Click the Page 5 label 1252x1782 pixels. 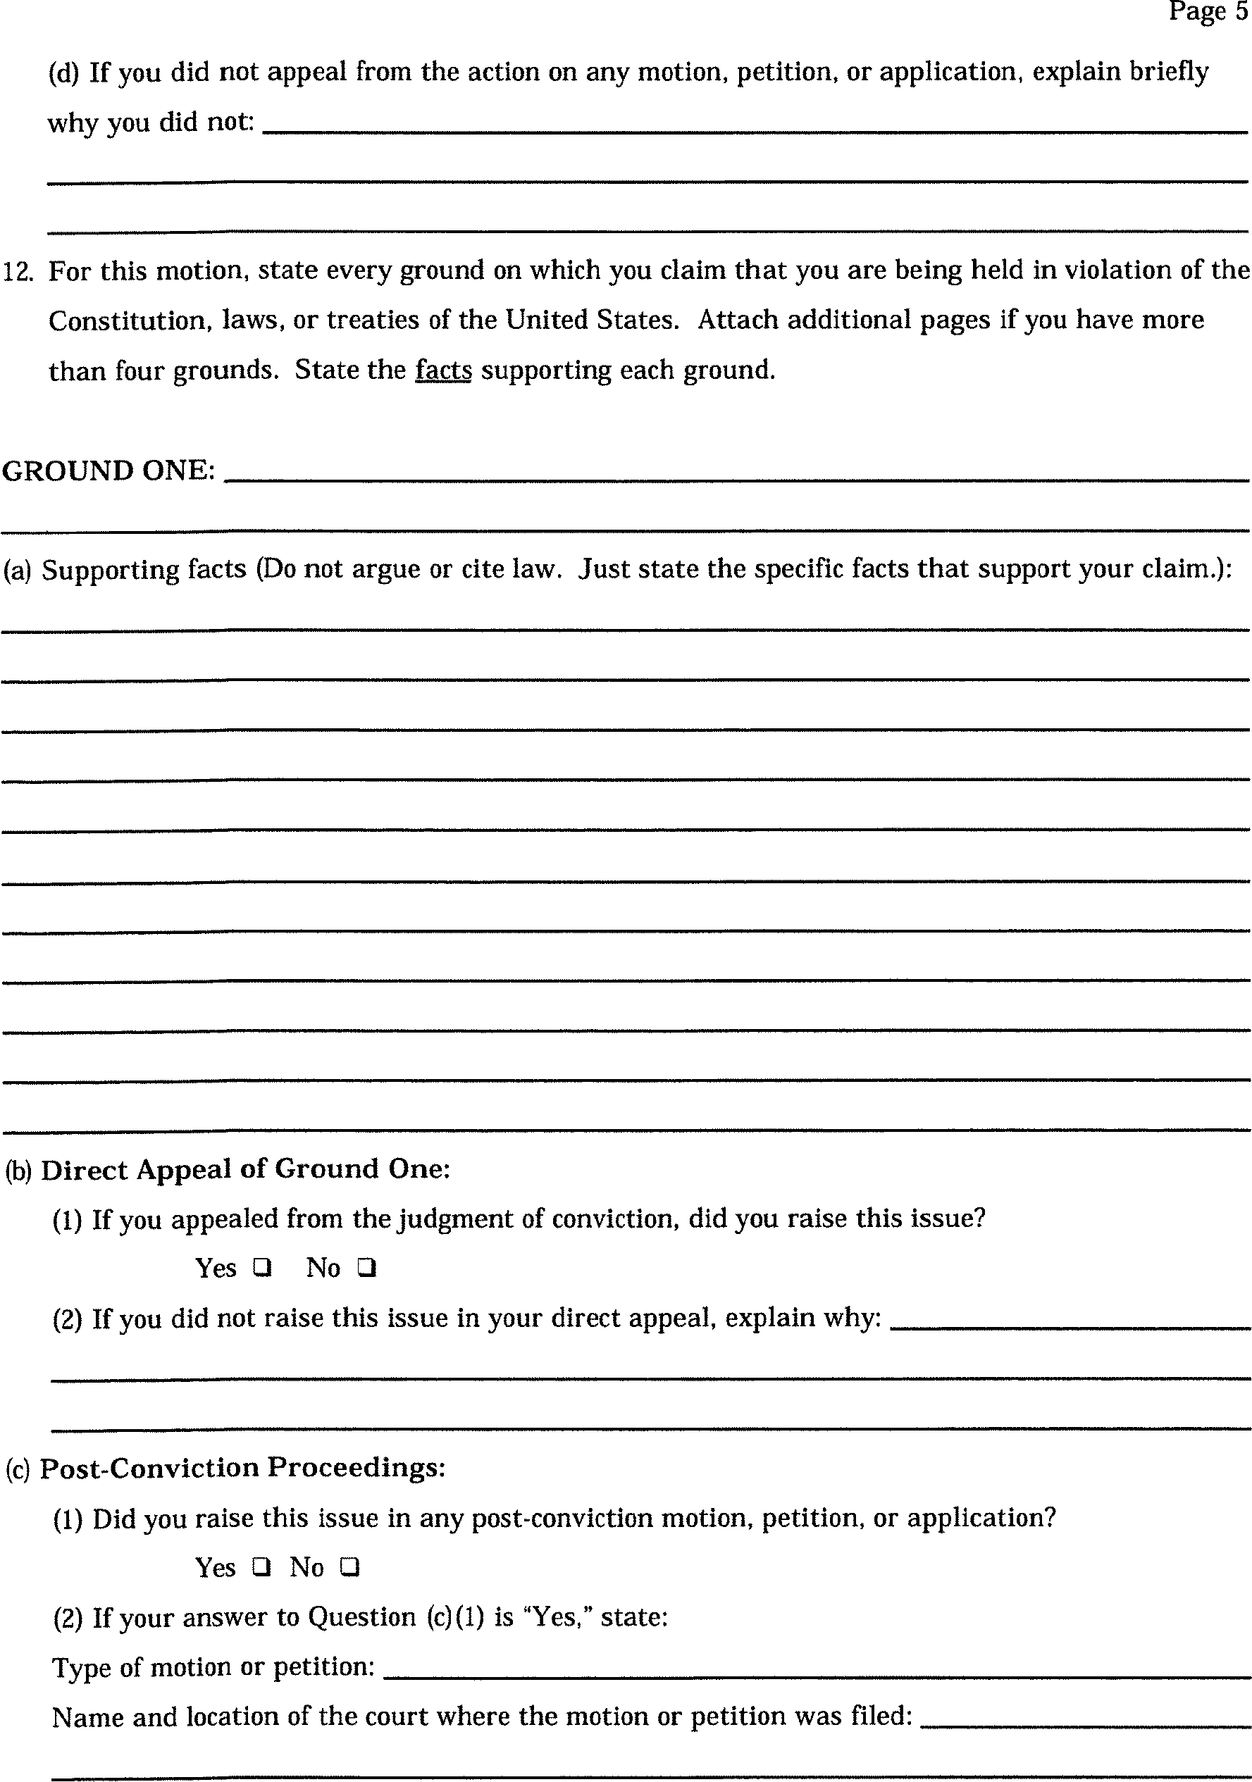pos(1208,12)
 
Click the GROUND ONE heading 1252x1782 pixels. pos(108,471)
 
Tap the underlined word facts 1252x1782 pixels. pos(443,370)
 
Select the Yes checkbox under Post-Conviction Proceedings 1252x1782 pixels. pos(262,1567)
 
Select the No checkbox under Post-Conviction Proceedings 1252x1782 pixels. pos(349,1567)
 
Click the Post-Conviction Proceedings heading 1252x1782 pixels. pos(242,1468)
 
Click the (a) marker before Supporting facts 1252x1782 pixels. pos(17,571)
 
